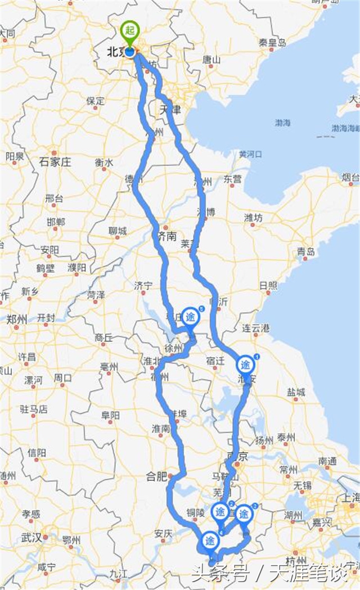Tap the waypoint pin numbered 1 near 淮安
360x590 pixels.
click(246, 364)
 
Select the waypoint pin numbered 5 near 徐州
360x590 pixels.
click(191, 317)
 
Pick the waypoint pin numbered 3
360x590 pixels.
click(244, 514)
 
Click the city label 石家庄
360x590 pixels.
click(56, 162)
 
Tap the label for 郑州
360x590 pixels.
click(17, 319)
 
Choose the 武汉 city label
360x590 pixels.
click(33, 538)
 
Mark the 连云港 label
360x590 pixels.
click(256, 328)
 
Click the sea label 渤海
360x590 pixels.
click(282, 122)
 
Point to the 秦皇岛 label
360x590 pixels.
click(272, 43)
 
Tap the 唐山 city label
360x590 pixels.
click(211, 59)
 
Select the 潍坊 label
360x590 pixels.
click(254, 218)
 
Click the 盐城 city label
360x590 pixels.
click(296, 392)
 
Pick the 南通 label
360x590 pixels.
click(328, 460)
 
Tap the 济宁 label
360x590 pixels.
click(143, 286)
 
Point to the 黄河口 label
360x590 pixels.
click(250, 154)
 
